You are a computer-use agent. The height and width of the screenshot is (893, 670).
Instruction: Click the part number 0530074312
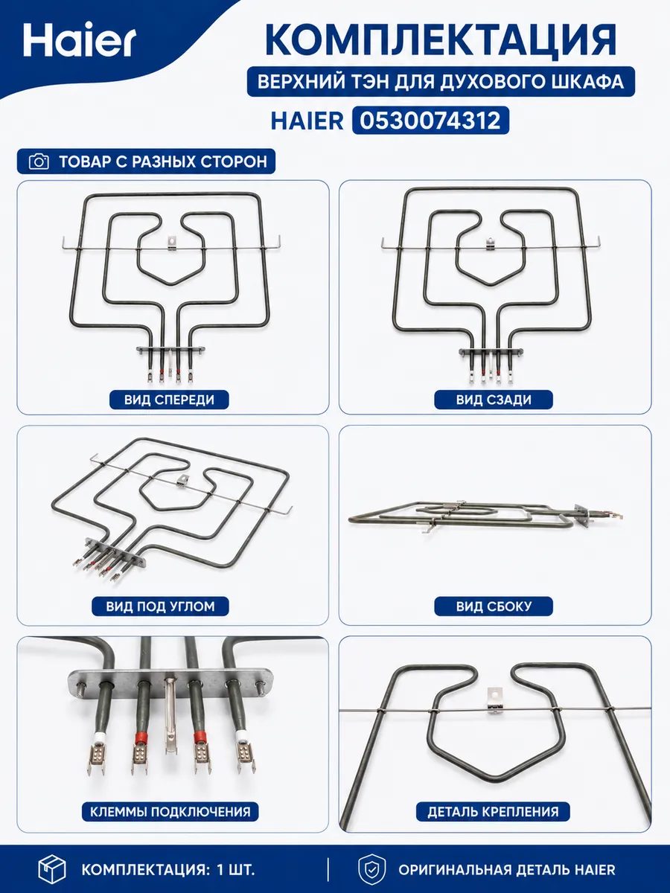(x=430, y=121)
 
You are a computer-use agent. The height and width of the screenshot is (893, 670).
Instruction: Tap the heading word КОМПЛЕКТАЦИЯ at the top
(x=441, y=40)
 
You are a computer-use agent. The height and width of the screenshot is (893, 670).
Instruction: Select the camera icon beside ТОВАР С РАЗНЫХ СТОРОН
(x=39, y=161)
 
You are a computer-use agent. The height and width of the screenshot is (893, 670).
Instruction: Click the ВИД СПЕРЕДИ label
(x=169, y=400)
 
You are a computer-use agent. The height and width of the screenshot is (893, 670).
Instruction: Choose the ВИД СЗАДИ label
(x=494, y=400)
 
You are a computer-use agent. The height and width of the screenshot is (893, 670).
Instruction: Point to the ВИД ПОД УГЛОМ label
(x=160, y=606)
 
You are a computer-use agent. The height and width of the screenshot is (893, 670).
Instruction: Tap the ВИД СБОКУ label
(x=494, y=606)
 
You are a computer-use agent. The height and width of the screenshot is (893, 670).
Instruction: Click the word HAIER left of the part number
(x=307, y=121)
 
